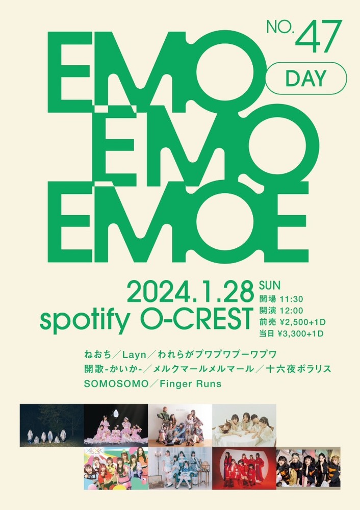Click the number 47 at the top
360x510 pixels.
318,36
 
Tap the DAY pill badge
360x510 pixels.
305,79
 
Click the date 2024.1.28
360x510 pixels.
190,291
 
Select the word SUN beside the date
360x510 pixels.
269,285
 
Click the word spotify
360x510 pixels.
84,320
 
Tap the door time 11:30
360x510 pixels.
291,298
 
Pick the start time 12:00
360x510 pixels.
291,310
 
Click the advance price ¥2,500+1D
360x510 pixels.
301,322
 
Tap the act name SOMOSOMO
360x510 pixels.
116,384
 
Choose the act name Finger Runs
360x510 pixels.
190,384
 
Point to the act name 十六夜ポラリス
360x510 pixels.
298,369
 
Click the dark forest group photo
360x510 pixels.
52,425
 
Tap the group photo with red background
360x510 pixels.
244,468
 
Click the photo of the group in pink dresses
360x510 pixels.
116,425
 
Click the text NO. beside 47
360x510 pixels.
280,28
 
